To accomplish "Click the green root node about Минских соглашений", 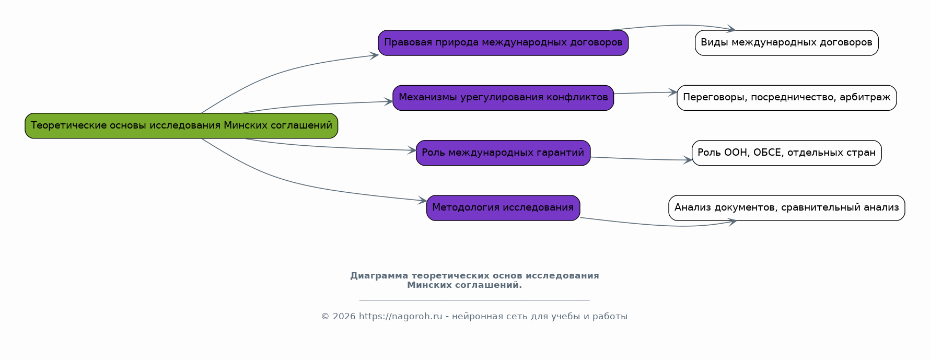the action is pyautogui.click(x=181, y=126).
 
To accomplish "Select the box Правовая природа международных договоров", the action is pyautogui.click(x=503, y=43).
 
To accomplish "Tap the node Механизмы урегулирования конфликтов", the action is pyautogui.click(x=503, y=98).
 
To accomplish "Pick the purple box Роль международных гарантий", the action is pyautogui.click(x=503, y=153).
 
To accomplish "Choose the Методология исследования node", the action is pyautogui.click(x=503, y=208).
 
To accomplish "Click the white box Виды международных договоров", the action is pyautogui.click(x=786, y=43).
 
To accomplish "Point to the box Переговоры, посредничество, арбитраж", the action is pyautogui.click(x=786, y=98).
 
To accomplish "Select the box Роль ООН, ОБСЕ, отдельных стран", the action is pyautogui.click(x=786, y=153).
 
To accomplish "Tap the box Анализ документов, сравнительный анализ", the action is pyautogui.click(x=786, y=208).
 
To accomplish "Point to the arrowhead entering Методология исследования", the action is pyautogui.click(x=423, y=200).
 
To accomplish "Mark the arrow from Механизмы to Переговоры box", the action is pyautogui.click(x=645, y=93).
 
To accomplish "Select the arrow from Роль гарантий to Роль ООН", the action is pyautogui.click(x=641, y=159).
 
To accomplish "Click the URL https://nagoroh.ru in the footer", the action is pyautogui.click(x=400, y=317).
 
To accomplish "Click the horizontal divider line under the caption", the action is pyautogui.click(x=474, y=300).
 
